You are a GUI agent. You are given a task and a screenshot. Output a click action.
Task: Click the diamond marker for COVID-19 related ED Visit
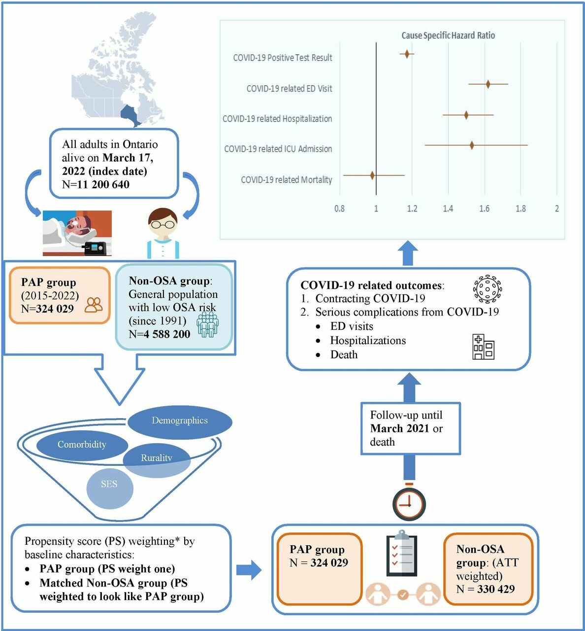point(488,84)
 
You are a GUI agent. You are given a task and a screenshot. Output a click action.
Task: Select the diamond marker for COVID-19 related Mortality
point(372,175)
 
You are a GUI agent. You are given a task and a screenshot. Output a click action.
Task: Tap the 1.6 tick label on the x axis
point(484,209)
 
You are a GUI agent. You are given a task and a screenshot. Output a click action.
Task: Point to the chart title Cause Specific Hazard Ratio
point(448,35)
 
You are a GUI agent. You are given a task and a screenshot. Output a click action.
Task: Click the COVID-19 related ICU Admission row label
point(278,149)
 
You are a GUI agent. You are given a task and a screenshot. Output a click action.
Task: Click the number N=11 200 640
point(96,185)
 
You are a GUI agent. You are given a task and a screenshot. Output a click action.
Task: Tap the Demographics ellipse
point(180,421)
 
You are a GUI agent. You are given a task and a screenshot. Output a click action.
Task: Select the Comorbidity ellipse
point(82,445)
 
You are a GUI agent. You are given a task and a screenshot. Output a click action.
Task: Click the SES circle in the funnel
point(109,485)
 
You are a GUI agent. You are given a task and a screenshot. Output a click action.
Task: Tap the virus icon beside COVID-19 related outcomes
point(487,289)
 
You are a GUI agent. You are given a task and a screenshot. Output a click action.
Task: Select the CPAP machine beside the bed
point(95,248)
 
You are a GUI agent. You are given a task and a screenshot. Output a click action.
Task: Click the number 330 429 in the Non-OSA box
point(495,589)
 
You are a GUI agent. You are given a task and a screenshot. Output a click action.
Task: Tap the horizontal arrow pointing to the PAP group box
point(249,570)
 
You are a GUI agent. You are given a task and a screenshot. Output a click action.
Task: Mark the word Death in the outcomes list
point(344,355)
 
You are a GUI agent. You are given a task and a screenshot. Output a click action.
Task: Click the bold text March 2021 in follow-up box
point(399,428)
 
